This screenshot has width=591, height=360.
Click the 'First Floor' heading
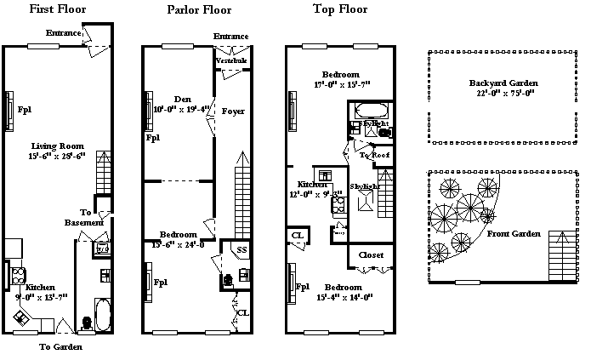(58, 10)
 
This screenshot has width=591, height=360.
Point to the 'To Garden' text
(61, 346)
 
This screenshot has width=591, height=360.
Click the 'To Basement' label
(84, 217)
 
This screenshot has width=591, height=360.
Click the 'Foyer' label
(233, 111)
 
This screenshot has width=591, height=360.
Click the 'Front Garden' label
(514, 233)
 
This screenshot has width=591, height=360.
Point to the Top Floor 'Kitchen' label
(308, 184)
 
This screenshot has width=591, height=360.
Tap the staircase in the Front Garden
(563, 251)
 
